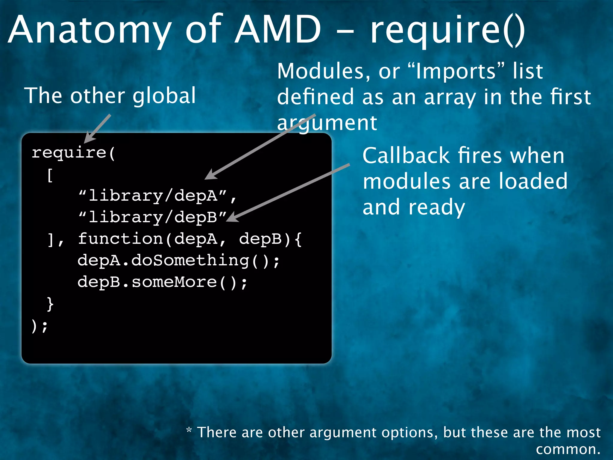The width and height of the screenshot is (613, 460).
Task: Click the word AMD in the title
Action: pyautogui.click(x=277, y=30)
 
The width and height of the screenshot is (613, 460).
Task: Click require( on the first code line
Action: pyautogui.click(x=73, y=153)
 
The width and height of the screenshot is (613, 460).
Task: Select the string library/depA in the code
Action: pyautogui.click(x=153, y=196)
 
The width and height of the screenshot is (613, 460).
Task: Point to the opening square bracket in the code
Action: pyautogui.click(x=50, y=175)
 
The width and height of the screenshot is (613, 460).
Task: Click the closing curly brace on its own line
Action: pyautogui.click(x=50, y=304)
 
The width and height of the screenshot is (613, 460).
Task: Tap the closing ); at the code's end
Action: pyautogui.click(x=39, y=326)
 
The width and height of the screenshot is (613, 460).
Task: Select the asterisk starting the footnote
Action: pyautogui.click(x=189, y=430)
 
